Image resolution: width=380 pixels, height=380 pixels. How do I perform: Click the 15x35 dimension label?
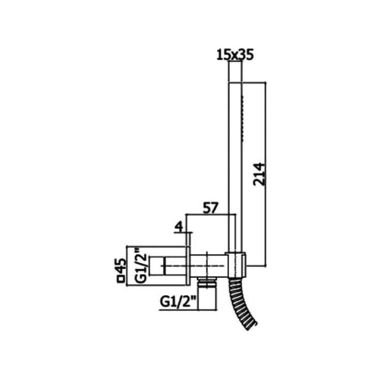coord(235,55)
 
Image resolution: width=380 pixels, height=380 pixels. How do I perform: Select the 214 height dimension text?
coord(259,174)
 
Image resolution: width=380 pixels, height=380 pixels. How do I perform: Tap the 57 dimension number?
coord(211,208)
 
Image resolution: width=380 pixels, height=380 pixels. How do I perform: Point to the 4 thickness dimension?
coord(179,227)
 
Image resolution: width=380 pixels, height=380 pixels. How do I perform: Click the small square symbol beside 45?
coord(120,279)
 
